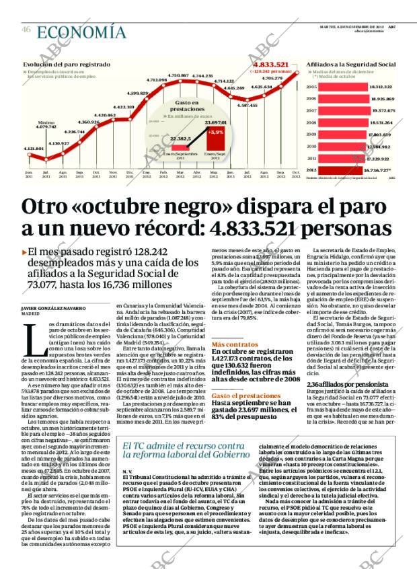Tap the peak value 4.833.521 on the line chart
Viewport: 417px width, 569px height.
pos(271,65)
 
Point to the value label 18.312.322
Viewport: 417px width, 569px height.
pos(381,87)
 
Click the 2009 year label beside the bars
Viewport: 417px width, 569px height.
pos(311,135)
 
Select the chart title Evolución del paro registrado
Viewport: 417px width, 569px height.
pos(67,64)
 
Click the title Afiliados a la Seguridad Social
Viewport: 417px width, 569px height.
pos(350,64)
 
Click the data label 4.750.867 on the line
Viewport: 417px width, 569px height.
pos(178,75)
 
